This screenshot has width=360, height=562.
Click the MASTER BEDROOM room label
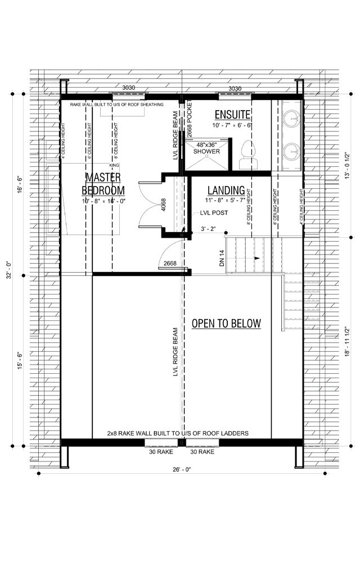click(103, 184)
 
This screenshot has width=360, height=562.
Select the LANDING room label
click(226, 191)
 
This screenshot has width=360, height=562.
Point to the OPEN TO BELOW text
click(226, 323)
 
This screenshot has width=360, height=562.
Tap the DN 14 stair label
click(222, 258)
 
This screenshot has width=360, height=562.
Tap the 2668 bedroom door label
click(169, 262)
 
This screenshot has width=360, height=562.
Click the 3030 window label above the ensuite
click(235, 89)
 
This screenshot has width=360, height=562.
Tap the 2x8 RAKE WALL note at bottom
click(178, 433)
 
